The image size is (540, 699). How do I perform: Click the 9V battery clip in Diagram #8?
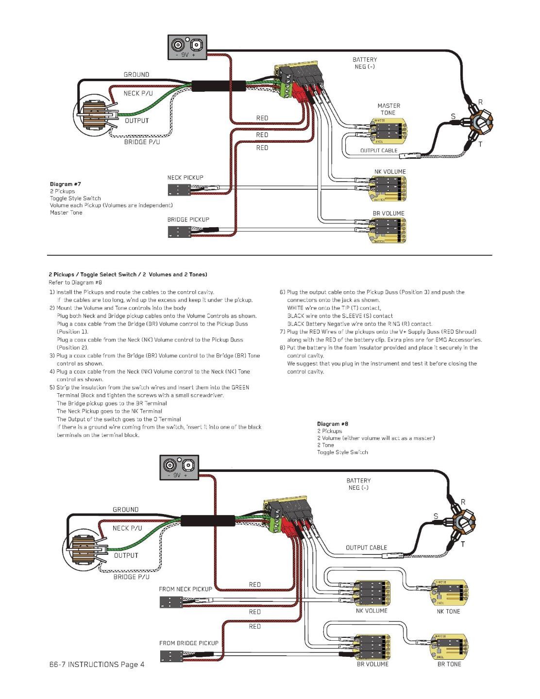(180, 468)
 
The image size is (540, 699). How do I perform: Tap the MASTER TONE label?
(388, 109)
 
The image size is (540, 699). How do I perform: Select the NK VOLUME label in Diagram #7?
(390, 172)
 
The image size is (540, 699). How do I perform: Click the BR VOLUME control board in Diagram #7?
(388, 231)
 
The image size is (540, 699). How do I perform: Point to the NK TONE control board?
(448, 592)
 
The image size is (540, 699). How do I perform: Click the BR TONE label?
(449, 664)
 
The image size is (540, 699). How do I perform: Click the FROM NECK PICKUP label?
(186, 589)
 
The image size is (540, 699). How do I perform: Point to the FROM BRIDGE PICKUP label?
(189, 643)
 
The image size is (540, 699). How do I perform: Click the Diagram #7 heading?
(66, 184)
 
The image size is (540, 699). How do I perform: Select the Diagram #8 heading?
(333, 424)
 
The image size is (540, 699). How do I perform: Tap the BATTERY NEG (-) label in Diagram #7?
(364, 63)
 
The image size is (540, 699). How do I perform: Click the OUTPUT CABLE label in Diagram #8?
(366, 548)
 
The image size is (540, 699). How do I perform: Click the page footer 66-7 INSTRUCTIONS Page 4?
(97, 665)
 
